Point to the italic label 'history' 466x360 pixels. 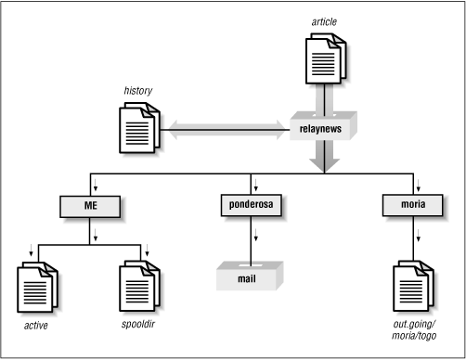click(x=137, y=91)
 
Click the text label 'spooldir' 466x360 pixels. click(x=141, y=326)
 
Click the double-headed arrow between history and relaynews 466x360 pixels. click(x=223, y=129)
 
